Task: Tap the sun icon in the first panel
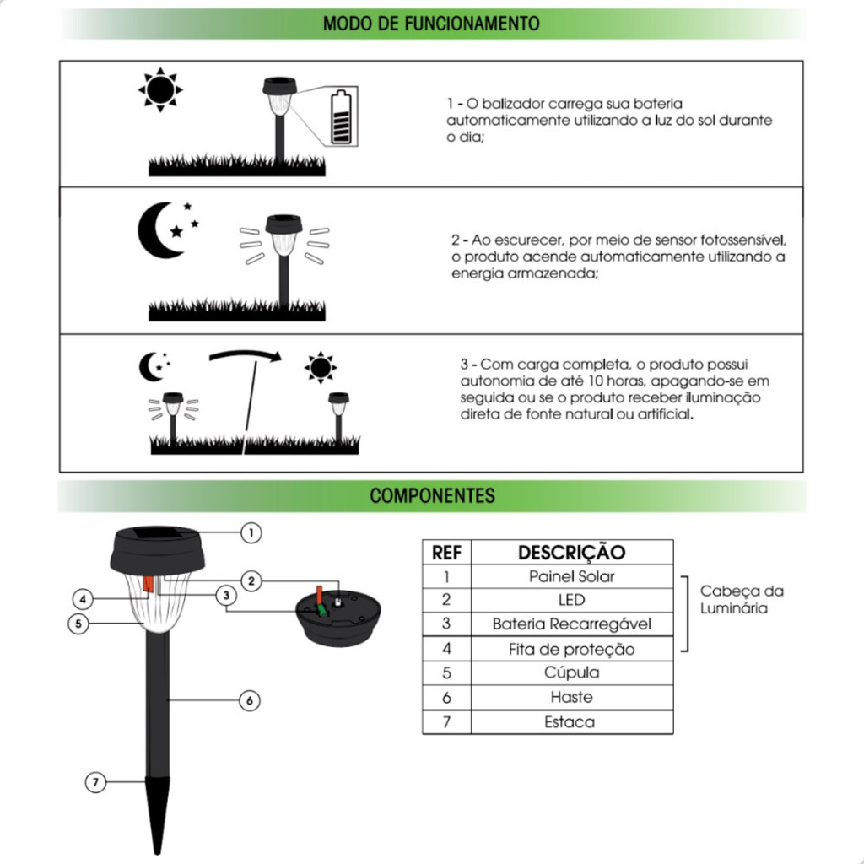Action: [x=160, y=89]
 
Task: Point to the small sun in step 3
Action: [x=321, y=368]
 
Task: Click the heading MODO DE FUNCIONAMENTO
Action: [x=431, y=23]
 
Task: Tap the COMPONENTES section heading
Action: [x=432, y=495]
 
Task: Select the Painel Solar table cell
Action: [x=571, y=576]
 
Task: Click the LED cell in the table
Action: [x=571, y=600]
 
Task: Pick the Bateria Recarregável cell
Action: [x=571, y=624]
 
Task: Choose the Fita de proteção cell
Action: [x=571, y=649]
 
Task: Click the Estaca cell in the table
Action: [x=571, y=721]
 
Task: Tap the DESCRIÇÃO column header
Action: [x=571, y=553]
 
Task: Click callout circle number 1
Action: [x=251, y=532]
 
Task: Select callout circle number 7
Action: [x=96, y=783]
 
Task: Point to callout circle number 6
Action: [x=249, y=700]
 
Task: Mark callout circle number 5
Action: [x=78, y=624]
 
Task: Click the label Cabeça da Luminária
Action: [x=741, y=599]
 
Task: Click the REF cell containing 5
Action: [x=446, y=672]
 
